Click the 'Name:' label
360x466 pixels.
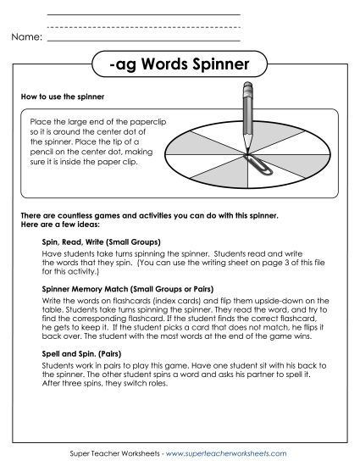[x=27, y=37]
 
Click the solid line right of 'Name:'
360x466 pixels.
[x=143, y=40]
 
